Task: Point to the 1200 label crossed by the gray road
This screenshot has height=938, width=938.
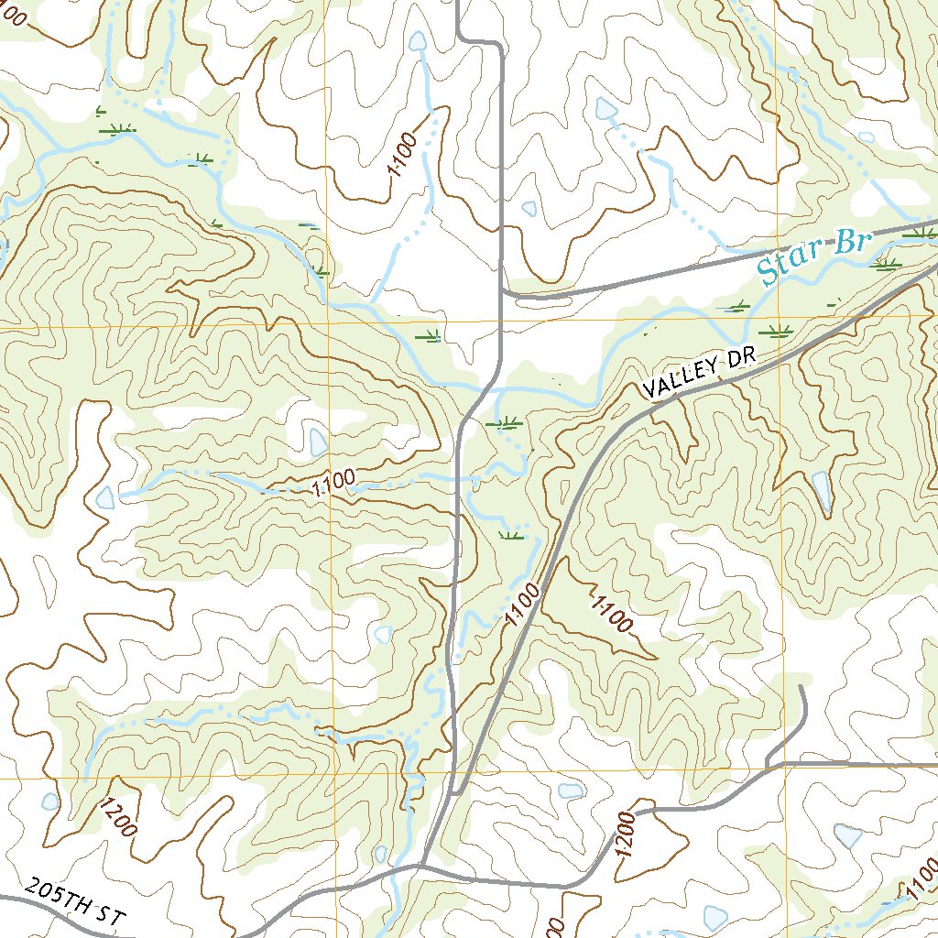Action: coord(626,834)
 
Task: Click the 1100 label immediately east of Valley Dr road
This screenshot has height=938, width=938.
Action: coord(611,614)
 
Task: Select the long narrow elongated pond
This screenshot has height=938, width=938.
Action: coord(822,492)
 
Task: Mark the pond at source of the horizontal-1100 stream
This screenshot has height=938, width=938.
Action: coord(105,497)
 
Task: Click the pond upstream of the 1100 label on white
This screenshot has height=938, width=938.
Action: coord(418,41)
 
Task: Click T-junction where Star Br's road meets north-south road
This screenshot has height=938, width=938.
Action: coord(502,291)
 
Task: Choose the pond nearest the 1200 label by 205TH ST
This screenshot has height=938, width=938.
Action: coord(50,802)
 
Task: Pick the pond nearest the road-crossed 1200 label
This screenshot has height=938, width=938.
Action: coord(571,791)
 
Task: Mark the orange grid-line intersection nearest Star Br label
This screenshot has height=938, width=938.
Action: coord(777,316)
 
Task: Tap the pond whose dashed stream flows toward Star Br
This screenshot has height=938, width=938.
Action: coord(605,109)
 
